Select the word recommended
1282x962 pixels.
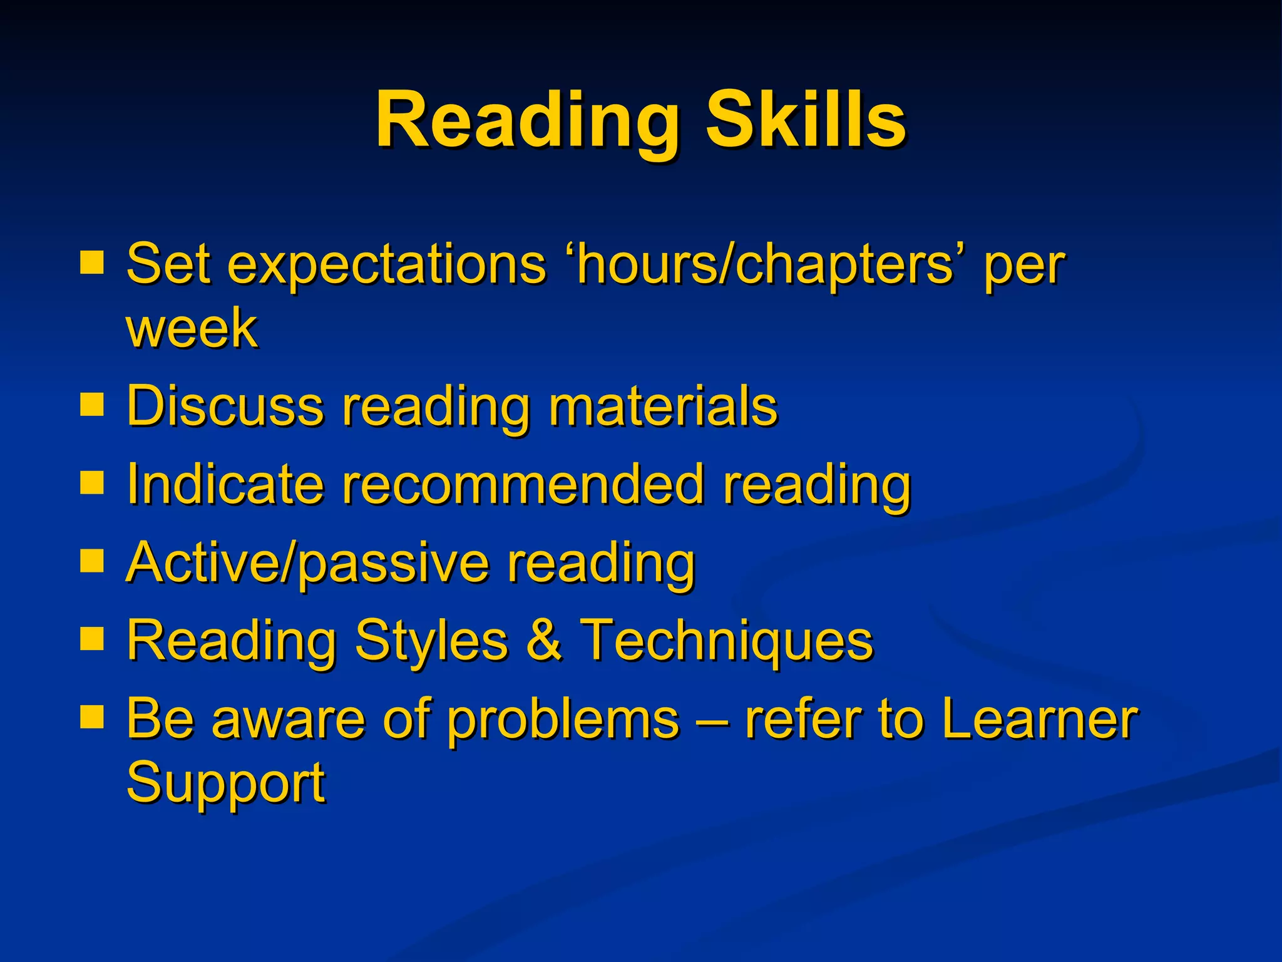click(x=523, y=484)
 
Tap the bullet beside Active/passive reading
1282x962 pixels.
click(x=91, y=561)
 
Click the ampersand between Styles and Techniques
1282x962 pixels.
click(x=543, y=640)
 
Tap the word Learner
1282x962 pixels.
click(x=1039, y=718)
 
